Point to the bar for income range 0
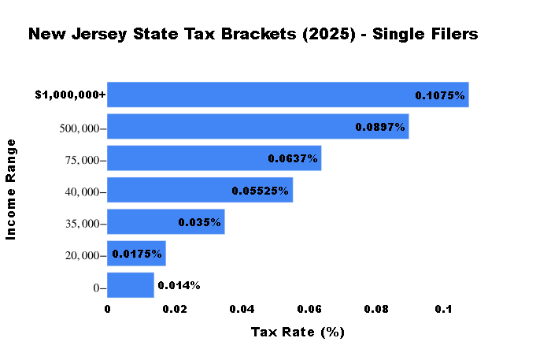(130, 285)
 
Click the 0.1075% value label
(441, 95)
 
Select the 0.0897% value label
(380, 127)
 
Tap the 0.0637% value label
(293, 158)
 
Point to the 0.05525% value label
(260, 191)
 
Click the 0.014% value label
(179, 285)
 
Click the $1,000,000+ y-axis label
(70, 95)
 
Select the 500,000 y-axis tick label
(80, 128)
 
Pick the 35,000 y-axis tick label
(82, 224)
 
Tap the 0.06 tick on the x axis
(309, 310)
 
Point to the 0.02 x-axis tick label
(175, 310)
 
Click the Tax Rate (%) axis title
(298, 332)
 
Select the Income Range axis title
(11, 189)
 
